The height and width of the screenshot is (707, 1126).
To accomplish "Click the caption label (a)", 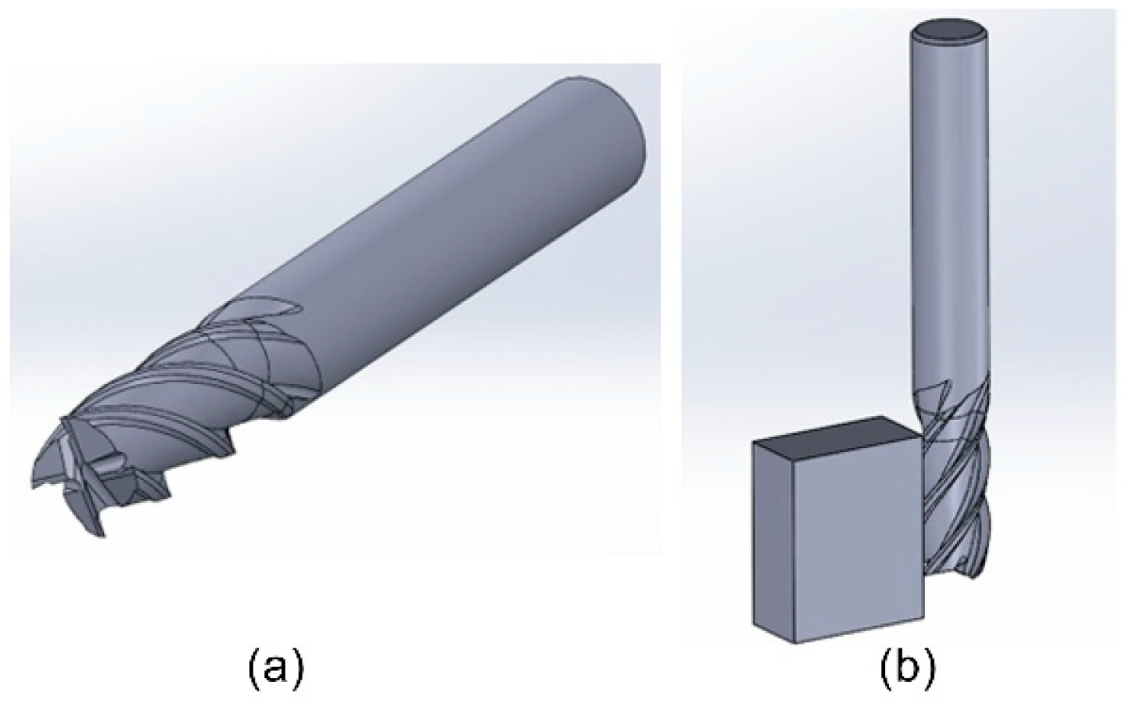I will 275,669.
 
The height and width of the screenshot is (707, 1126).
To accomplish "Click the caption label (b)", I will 907,669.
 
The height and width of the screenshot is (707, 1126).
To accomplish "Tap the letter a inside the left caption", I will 275,670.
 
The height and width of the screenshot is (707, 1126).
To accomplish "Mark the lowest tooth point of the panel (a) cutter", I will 100,535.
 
